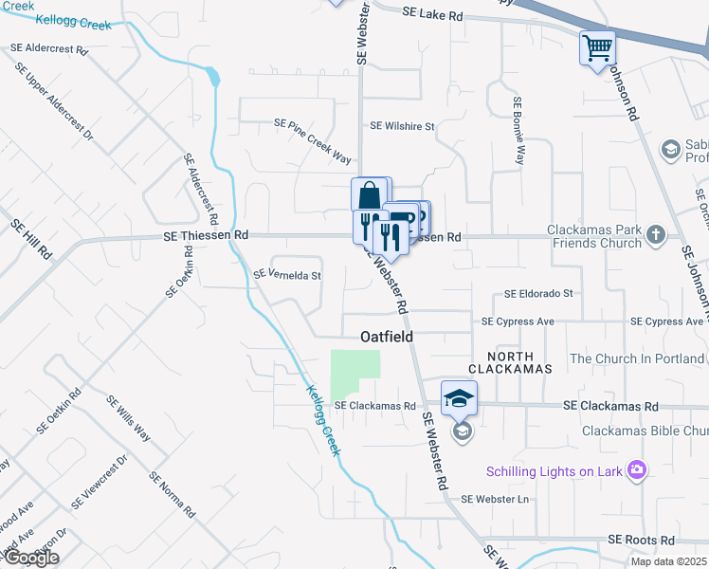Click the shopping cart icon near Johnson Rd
click(597, 47)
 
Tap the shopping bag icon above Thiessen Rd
click(370, 195)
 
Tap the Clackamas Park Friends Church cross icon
click(654, 235)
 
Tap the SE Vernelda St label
click(287, 276)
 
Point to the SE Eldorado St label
click(538, 294)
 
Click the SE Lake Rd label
click(432, 15)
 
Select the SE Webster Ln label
click(493, 499)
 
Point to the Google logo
click(31, 558)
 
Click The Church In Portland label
click(637, 359)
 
